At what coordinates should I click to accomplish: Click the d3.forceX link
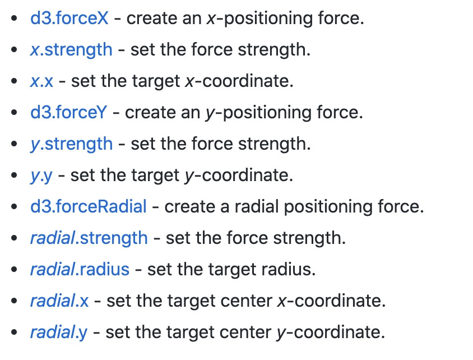click(x=69, y=18)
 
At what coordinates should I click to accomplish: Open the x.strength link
click(x=71, y=49)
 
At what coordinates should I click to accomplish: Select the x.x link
click(x=42, y=81)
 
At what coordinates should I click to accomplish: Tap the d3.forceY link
click(x=68, y=112)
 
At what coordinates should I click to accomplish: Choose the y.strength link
click(x=71, y=144)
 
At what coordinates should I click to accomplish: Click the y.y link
click(x=41, y=175)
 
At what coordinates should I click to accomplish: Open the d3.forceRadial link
click(x=89, y=206)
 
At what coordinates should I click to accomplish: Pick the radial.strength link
click(x=89, y=238)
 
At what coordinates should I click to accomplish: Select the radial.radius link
click(x=80, y=269)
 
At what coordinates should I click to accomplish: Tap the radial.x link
click(x=59, y=301)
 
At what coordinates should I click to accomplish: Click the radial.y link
click(x=59, y=332)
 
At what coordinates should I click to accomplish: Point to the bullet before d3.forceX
click(x=13, y=19)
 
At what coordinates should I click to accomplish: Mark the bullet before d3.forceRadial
click(x=13, y=207)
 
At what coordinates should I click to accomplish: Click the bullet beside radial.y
click(x=13, y=333)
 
